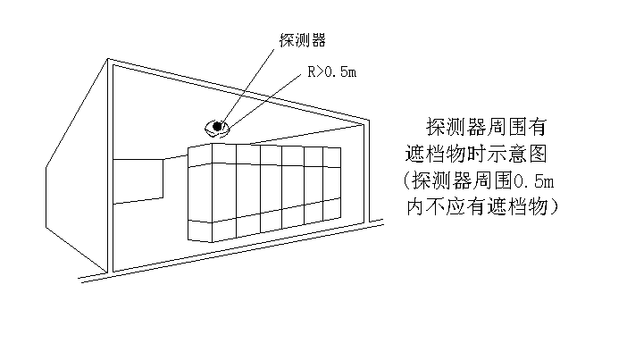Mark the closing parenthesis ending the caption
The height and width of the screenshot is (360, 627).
coord(555,206)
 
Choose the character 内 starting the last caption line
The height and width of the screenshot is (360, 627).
coord(415,206)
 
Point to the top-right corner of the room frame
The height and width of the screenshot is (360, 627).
coord(368,121)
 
